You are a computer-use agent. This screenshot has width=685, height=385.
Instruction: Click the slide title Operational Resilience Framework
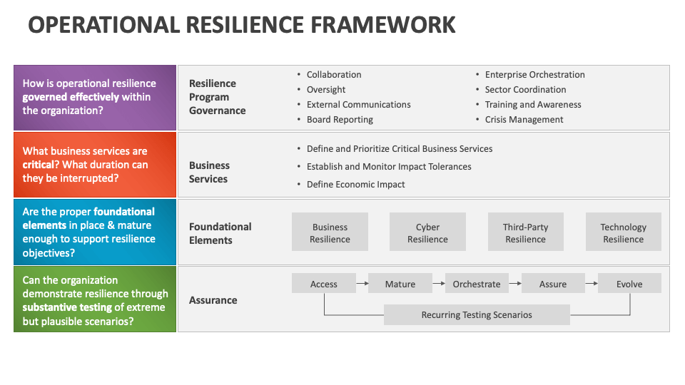[241, 24]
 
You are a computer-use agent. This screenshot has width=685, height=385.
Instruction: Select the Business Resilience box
[330, 232]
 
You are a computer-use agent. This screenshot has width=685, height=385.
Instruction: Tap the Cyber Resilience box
[427, 232]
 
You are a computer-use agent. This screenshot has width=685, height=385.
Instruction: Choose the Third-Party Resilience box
[525, 232]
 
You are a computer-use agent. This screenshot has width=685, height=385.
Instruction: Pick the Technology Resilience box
[623, 232]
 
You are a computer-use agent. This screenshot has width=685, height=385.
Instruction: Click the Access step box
[323, 284]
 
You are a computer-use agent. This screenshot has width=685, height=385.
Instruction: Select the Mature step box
[400, 284]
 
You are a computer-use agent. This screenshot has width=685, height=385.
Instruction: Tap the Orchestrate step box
[476, 284]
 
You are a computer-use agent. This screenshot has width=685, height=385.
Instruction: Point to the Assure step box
[552, 284]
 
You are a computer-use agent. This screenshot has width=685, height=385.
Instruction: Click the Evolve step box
[629, 284]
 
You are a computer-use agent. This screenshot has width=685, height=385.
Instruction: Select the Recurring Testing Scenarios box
[477, 314]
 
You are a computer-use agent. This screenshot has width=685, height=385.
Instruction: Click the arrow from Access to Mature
[362, 284]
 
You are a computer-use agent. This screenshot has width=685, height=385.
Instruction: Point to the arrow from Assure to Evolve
[591, 284]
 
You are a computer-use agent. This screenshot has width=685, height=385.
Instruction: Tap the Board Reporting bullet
[340, 120]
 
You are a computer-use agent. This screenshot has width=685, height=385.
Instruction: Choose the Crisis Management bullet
[524, 120]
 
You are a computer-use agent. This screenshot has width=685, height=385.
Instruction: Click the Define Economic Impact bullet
[355, 184]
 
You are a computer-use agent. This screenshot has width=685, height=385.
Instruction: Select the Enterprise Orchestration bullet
[534, 75]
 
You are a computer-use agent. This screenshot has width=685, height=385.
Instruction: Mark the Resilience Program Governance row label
[217, 97]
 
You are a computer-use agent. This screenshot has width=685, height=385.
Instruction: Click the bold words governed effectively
[71, 97]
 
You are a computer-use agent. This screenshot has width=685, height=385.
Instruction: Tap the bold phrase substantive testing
[67, 307]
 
